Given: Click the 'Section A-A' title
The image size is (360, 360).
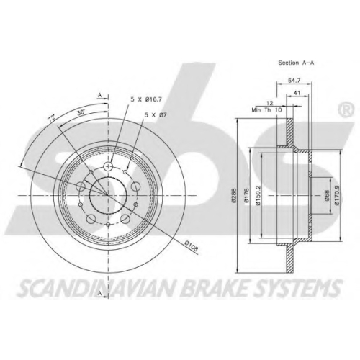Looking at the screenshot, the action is point(296,63).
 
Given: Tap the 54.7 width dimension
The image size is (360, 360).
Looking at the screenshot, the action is point(294,81).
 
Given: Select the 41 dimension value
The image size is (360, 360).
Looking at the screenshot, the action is point(297,93).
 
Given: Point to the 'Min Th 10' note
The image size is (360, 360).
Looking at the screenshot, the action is point(266,110).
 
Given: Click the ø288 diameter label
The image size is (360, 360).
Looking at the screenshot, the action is point(235,196).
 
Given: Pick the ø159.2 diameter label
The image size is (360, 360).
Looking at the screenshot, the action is point(258,196).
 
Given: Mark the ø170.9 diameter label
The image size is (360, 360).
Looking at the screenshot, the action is point(337,196).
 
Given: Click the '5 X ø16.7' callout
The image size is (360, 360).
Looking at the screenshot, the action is point(146,99).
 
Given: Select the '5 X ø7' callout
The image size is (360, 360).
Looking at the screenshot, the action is point(156,114).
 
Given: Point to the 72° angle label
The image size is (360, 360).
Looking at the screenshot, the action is point(52,117).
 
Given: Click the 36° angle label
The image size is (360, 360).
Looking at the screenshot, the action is point(81,112).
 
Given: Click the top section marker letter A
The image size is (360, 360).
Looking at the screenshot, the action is point(100,95).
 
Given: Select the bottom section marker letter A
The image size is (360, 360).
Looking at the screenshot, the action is point(100,293).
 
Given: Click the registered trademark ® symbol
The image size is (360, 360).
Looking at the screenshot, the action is point(346,109).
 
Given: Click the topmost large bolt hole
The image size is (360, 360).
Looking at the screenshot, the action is point(108,166).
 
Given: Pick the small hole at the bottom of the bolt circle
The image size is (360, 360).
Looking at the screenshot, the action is point(108,225).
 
